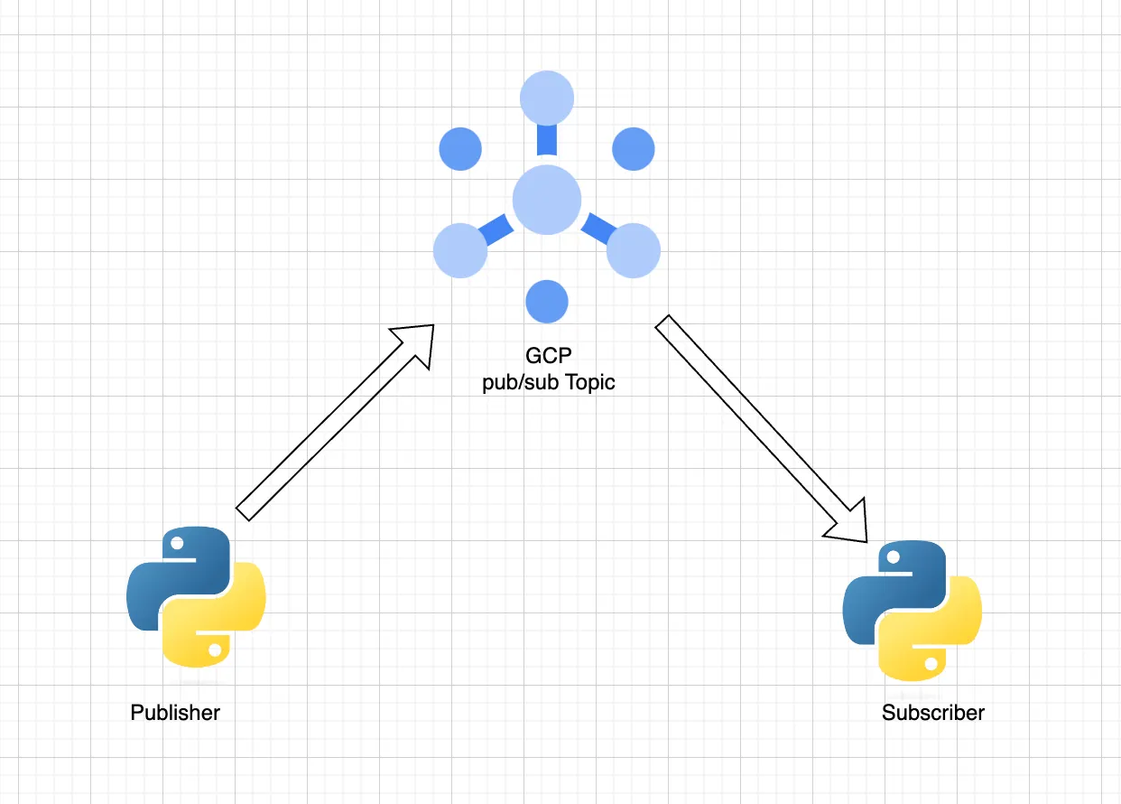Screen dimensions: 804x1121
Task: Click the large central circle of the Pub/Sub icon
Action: (x=546, y=200)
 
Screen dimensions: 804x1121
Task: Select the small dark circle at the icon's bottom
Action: (x=547, y=301)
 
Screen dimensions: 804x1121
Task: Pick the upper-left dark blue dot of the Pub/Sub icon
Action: (x=460, y=149)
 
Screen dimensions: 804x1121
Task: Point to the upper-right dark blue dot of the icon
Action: (x=633, y=149)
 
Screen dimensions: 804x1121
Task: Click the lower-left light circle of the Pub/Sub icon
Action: (x=460, y=250)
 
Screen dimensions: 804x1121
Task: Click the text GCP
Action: (x=547, y=356)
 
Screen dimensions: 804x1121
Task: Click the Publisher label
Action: (x=175, y=713)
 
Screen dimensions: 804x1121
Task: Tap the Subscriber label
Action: (x=933, y=713)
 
